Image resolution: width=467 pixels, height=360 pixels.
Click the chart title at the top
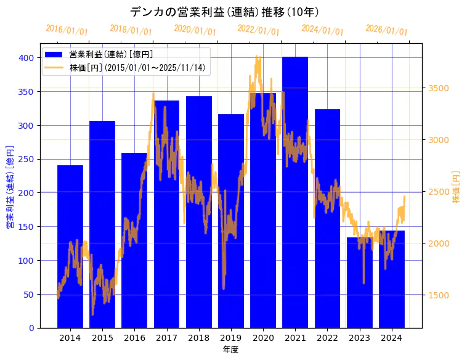(224, 12)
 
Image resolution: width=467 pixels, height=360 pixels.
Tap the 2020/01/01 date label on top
(195, 30)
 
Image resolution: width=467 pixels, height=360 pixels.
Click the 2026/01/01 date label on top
(386, 30)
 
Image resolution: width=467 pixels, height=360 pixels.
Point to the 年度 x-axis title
(230, 350)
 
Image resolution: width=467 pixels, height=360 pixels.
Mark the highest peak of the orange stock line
(258, 57)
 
